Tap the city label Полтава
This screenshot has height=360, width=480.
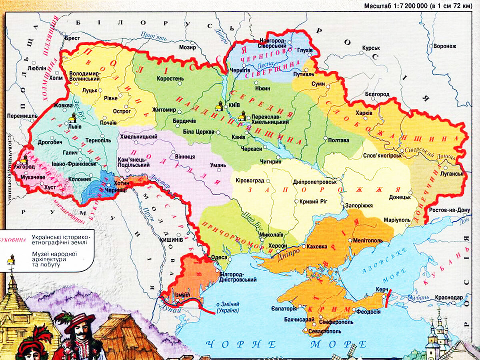[338, 140]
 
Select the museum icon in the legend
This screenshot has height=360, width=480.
[11, 260]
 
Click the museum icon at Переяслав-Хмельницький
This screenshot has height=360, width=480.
[242, 116]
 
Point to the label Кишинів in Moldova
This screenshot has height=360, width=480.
[171, 239]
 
